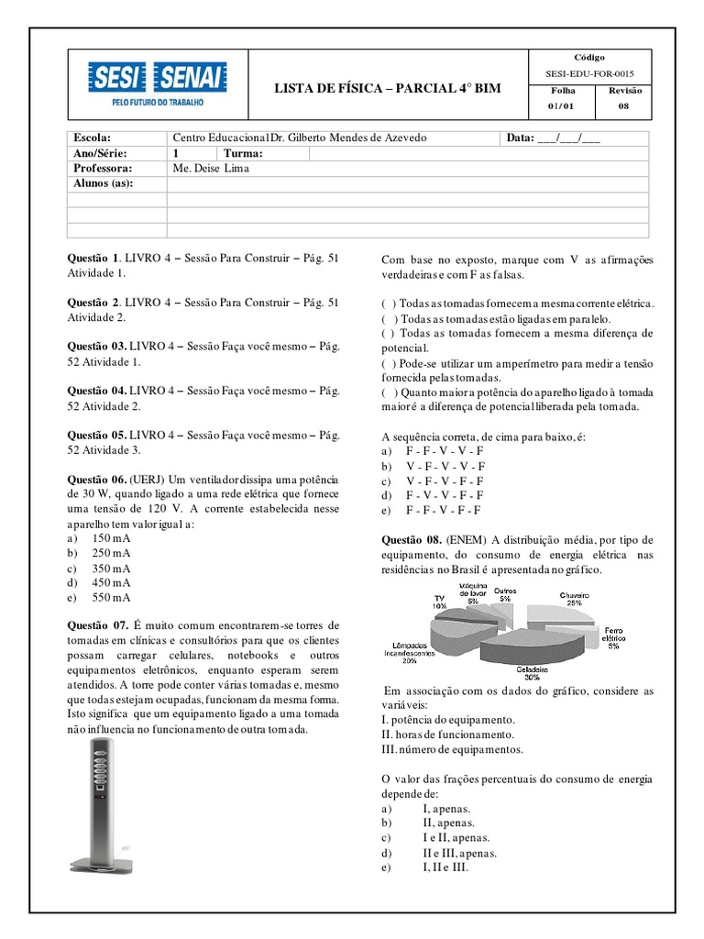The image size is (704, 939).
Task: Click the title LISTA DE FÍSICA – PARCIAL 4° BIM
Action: point(388,87)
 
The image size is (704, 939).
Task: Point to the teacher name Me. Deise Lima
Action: point(210,169)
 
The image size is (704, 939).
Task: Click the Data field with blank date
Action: point(553,138)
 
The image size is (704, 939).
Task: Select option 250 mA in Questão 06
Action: point(110,553)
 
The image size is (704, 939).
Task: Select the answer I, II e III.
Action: point(445,867)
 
